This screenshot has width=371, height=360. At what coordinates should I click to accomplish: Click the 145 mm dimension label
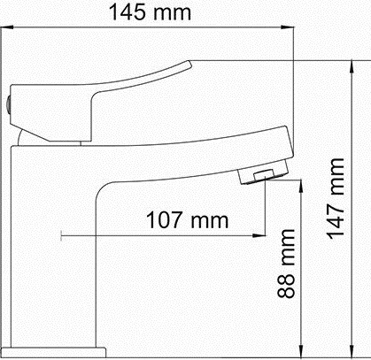(x=150, y=12)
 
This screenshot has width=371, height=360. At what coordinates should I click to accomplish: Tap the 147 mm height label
(x=336, y=198)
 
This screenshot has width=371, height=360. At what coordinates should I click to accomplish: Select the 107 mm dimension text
(x=188, y=220)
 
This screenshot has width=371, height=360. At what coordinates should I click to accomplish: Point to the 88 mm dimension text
(x=286, y=264)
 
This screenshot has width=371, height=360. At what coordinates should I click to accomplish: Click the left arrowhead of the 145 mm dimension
(x=7, y=27)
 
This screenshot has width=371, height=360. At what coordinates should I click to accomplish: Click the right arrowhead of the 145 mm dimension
(x=288, y=27)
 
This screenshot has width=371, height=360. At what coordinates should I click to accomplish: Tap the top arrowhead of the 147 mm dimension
(x=352, y=67)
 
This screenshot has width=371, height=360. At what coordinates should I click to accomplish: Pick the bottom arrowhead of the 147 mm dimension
(x=352, y=349)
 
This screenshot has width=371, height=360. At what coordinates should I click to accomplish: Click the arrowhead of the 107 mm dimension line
(x=259, y=235)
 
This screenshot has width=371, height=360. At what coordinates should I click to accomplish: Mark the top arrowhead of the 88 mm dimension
(x=301, y=187)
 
